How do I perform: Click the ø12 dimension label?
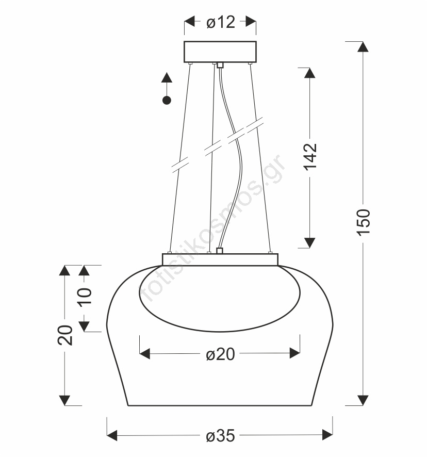coord(220,22)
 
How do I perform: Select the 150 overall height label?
coord(363,222)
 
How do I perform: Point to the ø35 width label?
coord(220,436)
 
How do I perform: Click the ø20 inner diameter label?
coord(220,354)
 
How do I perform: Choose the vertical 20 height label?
coord(64,335)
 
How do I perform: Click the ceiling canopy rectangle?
coord(220,52)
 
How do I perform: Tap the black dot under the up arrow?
coord(167,100)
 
